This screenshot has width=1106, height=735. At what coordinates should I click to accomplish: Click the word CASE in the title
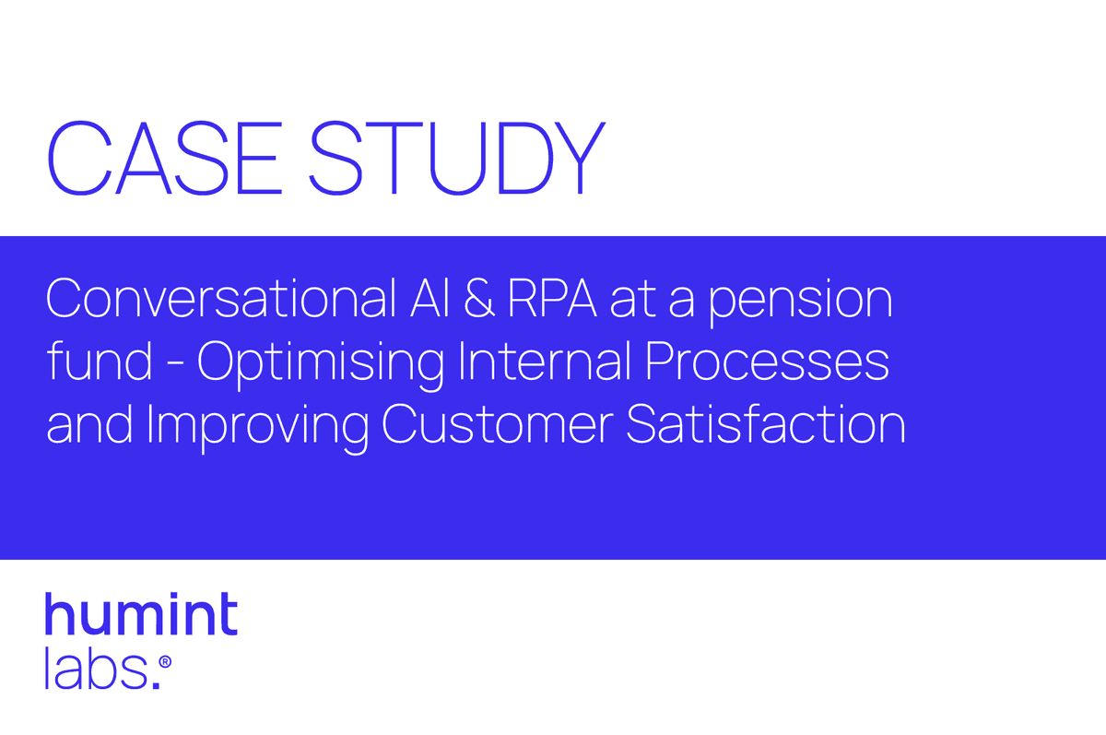point(165,158)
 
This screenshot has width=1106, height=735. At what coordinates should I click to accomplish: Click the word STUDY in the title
point(457,158)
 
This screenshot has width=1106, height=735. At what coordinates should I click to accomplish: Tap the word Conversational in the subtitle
point(221,298)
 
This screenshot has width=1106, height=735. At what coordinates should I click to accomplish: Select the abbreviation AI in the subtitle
point(429,299)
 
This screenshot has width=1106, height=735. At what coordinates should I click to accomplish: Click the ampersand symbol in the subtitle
point(479,299)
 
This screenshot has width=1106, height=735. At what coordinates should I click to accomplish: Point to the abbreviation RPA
point(552,299)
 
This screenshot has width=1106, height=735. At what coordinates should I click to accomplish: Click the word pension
point(800,302)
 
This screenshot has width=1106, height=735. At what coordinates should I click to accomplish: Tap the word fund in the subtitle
point(100,361)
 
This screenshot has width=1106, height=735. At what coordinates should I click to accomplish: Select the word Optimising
point(321,365)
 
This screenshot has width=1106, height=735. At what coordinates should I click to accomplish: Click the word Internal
point(544,361)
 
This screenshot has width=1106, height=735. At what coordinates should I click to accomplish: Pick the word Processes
point(767,362)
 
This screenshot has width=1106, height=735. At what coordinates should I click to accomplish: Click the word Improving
point(258,428)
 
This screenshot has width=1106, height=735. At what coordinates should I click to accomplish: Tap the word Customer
point(497,424)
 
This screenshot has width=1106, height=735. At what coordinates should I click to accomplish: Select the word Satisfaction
point(766,423)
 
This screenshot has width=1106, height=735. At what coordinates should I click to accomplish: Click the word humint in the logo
point(142,613)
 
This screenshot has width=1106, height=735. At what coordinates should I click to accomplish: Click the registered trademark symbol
point(165,661)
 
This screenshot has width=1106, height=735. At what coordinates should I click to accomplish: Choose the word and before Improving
point(89,423)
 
